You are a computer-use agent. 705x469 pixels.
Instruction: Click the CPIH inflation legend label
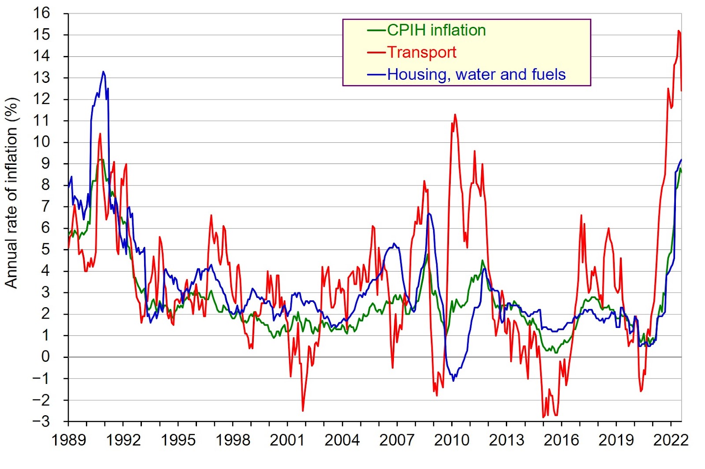[x=436, y=30]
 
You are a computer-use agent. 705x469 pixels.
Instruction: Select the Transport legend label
[x=422, y=52]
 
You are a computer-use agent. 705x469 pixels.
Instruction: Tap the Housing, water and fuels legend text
[x=476, y=74]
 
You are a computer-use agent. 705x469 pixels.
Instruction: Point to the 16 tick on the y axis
[x=42, y=13]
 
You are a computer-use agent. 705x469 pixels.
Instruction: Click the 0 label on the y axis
[x=46, y=357]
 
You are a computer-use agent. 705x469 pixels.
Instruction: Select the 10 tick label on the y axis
[x=42, y=142]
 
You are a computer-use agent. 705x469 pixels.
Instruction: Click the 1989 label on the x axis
[x=69, y=440]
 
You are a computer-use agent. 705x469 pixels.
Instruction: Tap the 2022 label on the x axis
[x=671, y=440]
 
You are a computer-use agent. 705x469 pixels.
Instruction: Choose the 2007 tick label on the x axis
[x=397, y=440]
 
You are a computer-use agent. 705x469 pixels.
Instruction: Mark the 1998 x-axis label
[x=233, y=440]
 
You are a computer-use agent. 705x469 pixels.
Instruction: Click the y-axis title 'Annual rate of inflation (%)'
[x=11, y=193]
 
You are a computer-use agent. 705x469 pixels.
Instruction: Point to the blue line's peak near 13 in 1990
[x=103, y=71]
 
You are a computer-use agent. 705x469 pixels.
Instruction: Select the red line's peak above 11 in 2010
[x=455, y=115]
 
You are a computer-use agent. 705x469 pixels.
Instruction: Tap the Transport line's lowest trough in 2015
[x=543, y=417]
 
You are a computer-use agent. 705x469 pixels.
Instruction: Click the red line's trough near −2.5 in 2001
[x=303, y=411]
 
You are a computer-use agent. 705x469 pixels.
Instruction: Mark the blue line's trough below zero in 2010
[x=453, y=380]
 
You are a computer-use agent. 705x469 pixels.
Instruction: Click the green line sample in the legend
[x=377, y=30]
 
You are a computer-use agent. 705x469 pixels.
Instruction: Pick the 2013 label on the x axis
[x=506, y=440]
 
